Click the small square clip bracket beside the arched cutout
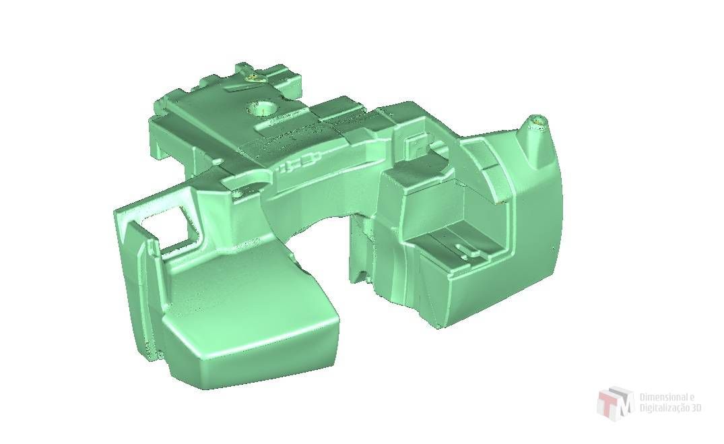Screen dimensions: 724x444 [415, 144]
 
